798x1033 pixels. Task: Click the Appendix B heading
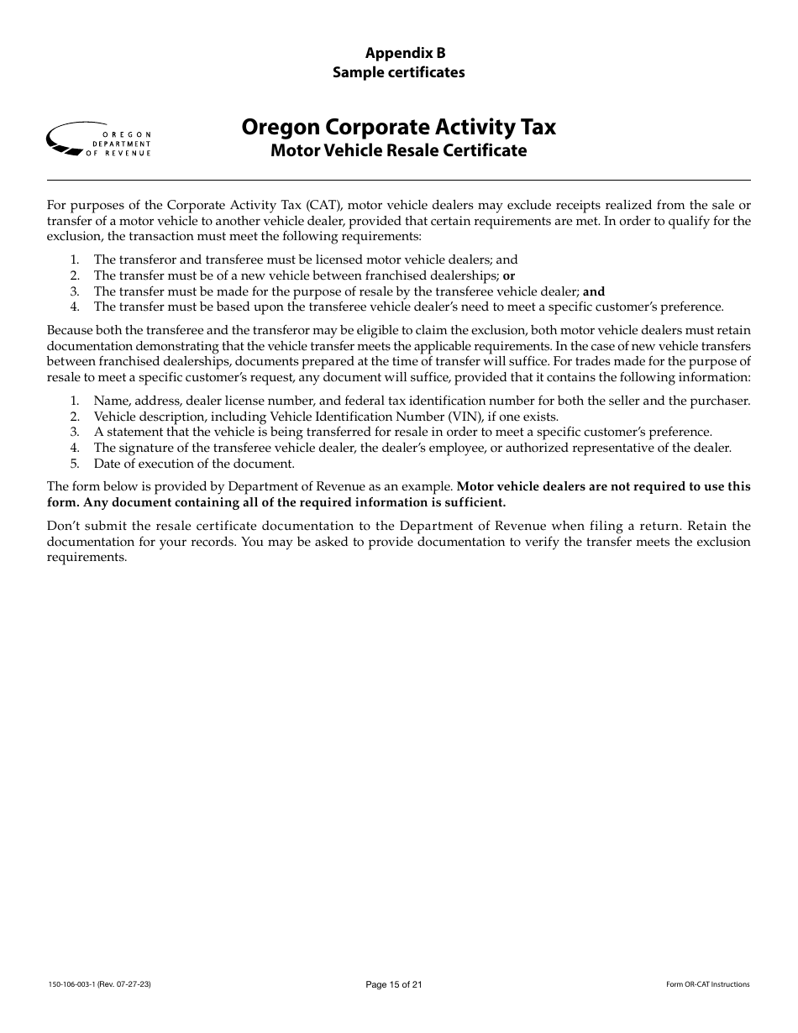[x=399, y=53]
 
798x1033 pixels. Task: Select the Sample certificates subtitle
[x=399, y=72]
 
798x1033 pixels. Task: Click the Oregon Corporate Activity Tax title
[x=399, y=127]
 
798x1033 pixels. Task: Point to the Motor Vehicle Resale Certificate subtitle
[x=399, y=151]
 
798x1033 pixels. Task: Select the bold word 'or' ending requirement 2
[x=509, y=275]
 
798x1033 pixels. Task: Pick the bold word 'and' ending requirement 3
[x=594, y=291]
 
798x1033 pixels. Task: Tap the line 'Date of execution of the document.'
[x=194, y=464]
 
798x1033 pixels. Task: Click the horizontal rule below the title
[x=399, y=180]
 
